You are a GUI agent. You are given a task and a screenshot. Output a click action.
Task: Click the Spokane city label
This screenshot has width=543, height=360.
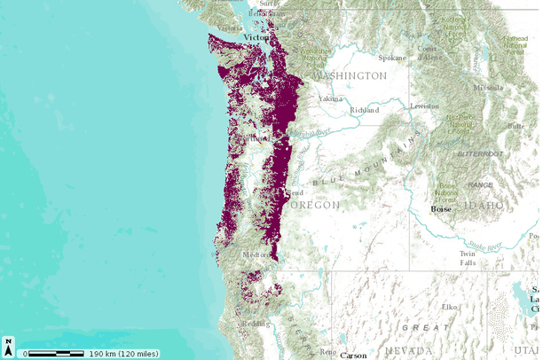(391, 59)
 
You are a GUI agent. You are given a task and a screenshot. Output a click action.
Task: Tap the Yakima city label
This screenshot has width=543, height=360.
(330, 98)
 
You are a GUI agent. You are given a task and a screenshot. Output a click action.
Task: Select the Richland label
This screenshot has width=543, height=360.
(365, 110)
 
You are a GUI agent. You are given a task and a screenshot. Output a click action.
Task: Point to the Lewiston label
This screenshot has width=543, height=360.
(423, 106)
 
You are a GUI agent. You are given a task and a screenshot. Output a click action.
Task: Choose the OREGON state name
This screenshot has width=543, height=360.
(311, 205)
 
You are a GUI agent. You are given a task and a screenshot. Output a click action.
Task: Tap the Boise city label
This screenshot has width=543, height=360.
(441, 209)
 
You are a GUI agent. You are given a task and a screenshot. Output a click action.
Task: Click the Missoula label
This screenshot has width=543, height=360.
(487, 88)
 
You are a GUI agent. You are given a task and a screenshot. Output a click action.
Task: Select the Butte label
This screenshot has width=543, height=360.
(515, 126)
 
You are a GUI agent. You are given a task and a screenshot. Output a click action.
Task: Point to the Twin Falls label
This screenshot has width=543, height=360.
(468, 258)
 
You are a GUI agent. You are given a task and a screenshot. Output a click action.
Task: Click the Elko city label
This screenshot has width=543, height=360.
(449, 307)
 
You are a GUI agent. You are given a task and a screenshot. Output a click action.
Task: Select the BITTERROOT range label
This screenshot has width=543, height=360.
(479, 153)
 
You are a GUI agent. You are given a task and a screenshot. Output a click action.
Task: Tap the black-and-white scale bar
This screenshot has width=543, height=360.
(55, 354)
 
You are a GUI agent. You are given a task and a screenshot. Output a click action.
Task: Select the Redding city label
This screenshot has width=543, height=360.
(256, 324)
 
